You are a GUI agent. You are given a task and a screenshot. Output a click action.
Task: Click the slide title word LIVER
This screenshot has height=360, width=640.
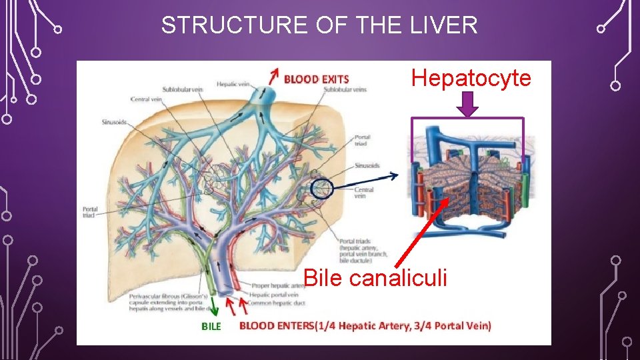coord(446,25)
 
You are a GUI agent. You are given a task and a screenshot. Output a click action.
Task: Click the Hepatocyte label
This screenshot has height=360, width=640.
coord(471,78)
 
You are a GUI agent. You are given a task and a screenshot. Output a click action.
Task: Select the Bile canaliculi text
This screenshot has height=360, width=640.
coord(375,277)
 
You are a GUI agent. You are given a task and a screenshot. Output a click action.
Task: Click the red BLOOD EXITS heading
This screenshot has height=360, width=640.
coord(316,79)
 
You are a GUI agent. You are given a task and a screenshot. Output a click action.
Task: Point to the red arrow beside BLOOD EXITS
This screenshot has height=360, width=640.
coord(272,75)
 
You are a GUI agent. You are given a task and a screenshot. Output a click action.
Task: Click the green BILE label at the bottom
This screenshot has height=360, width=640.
coord(211,326)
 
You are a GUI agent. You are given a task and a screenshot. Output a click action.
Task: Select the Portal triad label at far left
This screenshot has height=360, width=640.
coord(90,212)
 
